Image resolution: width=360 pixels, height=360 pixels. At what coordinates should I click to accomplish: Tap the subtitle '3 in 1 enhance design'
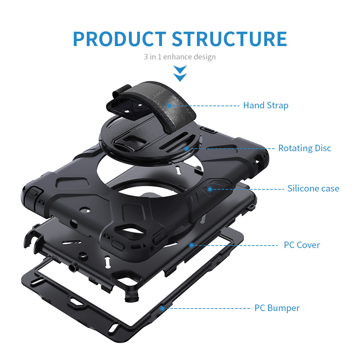click(180, 57)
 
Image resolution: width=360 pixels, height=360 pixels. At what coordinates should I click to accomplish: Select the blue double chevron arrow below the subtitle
click(180, 73)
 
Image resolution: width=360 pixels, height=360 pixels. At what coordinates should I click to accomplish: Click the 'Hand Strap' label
click(266, 105)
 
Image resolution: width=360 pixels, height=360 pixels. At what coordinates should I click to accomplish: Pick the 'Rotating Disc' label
click(305, 148)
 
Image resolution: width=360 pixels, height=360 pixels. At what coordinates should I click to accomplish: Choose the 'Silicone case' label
click(313, 188)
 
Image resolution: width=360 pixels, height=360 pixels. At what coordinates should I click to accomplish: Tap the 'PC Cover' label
click(302, 245)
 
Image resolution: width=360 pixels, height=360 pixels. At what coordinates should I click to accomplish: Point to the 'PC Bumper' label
click(277, 308)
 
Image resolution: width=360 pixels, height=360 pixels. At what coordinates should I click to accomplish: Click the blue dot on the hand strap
click(168, 105)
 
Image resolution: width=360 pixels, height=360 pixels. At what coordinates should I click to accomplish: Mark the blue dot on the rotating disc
click(186, 148)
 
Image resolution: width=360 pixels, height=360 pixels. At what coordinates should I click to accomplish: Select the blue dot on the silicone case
click(210, 189)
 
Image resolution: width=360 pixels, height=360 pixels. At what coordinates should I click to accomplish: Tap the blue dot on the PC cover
click(192, 245)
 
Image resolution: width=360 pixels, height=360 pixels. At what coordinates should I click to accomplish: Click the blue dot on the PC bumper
click(162, 308)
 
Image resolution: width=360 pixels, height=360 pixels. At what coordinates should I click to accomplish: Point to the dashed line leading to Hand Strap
click(205, 105)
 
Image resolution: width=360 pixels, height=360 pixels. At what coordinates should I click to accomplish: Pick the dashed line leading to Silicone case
click(248, 189)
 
